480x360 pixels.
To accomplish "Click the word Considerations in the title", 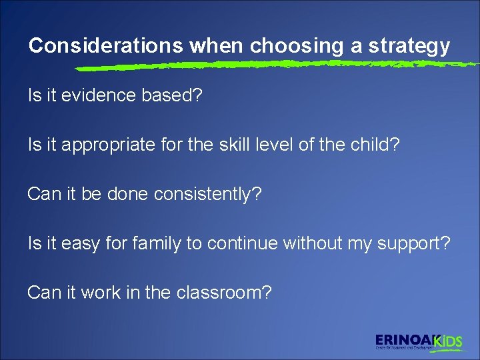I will pos(106,46).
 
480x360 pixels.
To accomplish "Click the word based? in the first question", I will pos(173,96).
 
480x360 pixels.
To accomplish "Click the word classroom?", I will pos(224,293).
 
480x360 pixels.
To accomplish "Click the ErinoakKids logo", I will pos(418,341).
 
